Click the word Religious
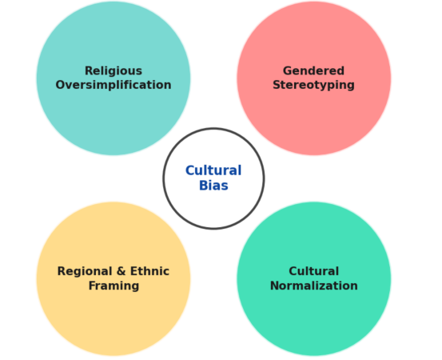pyautogui.click(x=113, y=71)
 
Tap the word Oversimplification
pyautogui.click(x=113, y=85)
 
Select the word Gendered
pyautogui.click(x=313, y=71)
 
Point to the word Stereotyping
pyautogui.click(x=313, y=86)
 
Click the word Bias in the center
pyautogui.click(x=213, y=186)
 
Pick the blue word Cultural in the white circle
pyautogui.click(x=213, y=170)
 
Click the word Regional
pyautogui.click(x=85, y=272)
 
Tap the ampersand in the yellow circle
pyautogui.click(x=121, y=271)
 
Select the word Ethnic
pyautogui.click(x=149, y=271)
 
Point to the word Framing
pyautogui.click(x=113, y=286)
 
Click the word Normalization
pyautogui.click(x=314, y=286)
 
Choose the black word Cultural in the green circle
pyautogui.click(x=314, y=271)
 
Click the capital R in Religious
pyautogui.click(x=89, y=71)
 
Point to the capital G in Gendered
pyautogui.click(x=288, y=71)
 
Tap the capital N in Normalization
pyautogui.click(x=275, y=286)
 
